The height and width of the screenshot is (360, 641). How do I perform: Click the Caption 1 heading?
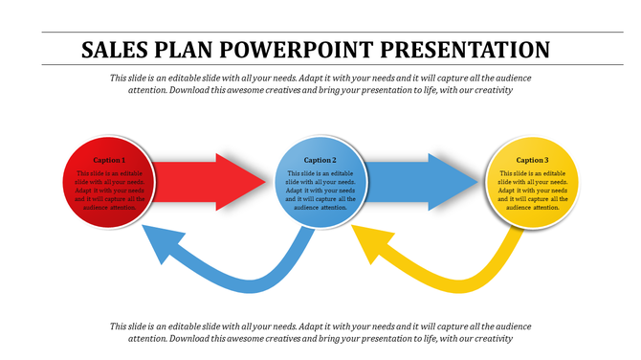(109, 160)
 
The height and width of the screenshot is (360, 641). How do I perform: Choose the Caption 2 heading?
(320, 160)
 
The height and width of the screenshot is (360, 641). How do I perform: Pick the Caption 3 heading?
(532, 160)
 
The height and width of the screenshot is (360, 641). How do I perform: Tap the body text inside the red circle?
(109, 190)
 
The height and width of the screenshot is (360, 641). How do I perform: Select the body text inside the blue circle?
(320, 190)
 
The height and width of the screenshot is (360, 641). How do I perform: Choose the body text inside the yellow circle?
(532, 190)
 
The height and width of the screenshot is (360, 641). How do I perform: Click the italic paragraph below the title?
(320, 84)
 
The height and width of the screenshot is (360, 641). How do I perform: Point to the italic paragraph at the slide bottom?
(320, 331)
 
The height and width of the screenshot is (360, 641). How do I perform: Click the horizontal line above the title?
(320, 33)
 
